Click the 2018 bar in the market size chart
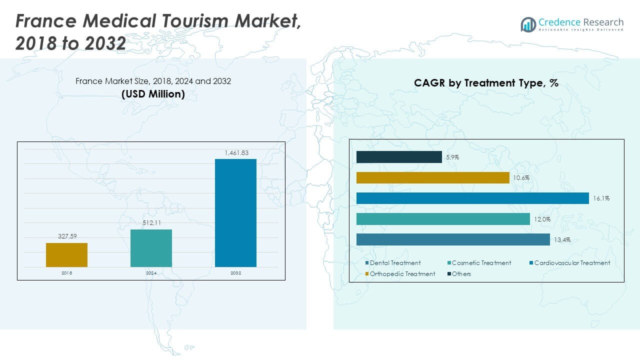pyautogui.click(x=66, y=255)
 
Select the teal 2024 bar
pyautogui.click(x=151, y=248)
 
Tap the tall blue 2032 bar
pyautogui.click(x=235, y=213)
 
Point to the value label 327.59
pyautogui.click(x=66, y=236)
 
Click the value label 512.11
pyautogui.click(x=151, y=223)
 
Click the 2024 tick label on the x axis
pyautogui.click(x=151, y=273)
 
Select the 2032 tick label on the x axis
pyautogui.click(x=235, y=273)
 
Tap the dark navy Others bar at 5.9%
pyautogui.click(x=399, y=157)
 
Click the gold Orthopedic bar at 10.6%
pyautogui.click(x=432, y=178)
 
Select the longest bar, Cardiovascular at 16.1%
pyautogui.click(x=472, y=198)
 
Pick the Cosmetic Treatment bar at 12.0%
pyautogui.click(x=443, y=219)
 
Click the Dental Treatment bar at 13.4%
pyautogui.click(x=453, y=239)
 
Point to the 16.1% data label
pyautogui.click(x=601, y=198)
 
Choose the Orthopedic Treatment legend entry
pyautogui.click(x=402, y=274)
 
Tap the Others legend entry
pyautogui.click(x=461, y=274)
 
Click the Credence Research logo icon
pyautogui.click(x=528, y=24)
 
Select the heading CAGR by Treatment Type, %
pyautogui.click(x=486, y=83)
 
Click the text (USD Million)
pyautogui.click(x=153, y=93)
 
